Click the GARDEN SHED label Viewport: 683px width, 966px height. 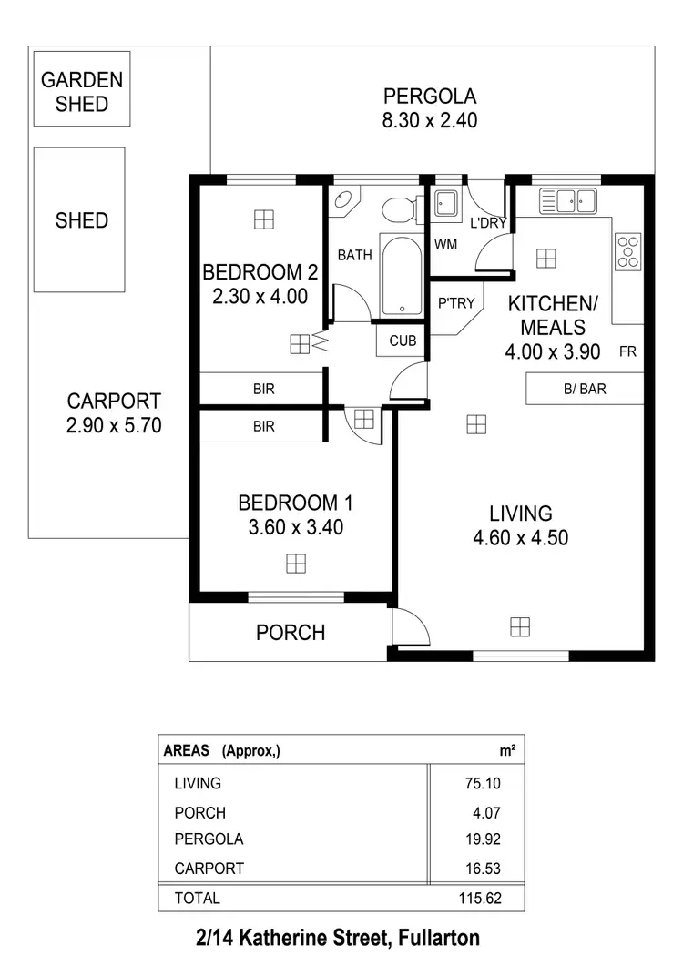pos(81,91)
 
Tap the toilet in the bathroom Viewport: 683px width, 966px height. pos(398,210)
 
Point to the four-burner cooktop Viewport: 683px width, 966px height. pos(627,251)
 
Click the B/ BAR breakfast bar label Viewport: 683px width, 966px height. pos(585,390)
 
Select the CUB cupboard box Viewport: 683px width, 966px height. pos(402,341)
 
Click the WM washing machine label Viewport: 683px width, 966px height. pos(445,244)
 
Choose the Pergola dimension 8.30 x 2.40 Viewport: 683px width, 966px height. pos(430,120)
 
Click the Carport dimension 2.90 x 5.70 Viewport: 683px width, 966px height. pos(114,424)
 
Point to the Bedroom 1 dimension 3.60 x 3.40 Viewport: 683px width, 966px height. pos(295,526)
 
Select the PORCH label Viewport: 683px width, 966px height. pos(291,633)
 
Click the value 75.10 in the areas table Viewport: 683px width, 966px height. pos(481,783)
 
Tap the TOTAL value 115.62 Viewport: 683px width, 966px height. pos(478,898)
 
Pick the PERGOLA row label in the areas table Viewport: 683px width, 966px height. pos(209,839)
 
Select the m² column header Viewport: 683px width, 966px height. pos(506,750)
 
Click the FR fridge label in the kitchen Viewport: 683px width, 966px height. pos(627,351)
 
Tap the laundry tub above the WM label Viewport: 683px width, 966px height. pos(446,204)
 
